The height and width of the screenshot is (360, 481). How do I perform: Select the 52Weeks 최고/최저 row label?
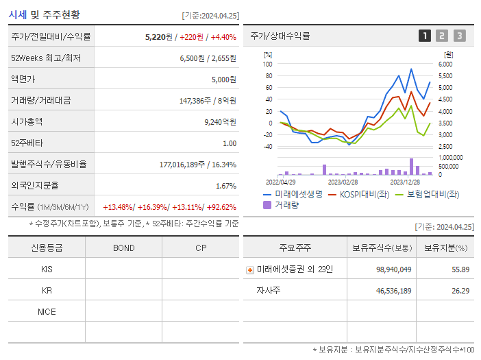(x=46, y=58)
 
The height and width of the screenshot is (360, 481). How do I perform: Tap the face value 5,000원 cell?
(x=223, y=80)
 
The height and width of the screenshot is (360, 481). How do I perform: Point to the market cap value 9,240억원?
(x=220, y=122)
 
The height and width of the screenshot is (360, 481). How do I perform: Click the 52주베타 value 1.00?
(x=230, y=143)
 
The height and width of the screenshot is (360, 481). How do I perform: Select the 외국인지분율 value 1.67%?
(x=225, y=186)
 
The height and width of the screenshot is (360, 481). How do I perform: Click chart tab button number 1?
(x=425, y=36)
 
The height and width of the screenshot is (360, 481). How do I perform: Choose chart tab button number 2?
(x=442, y=36)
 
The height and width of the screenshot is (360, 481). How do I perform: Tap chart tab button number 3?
(x=459, y=36)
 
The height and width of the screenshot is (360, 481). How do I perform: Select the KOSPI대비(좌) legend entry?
(x=358, y=195)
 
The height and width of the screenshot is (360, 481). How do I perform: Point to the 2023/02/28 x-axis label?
(x=343, y=182)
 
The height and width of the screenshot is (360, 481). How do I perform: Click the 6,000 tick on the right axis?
(x=445, y=64)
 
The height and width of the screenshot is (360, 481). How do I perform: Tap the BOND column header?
(x=123, y=248)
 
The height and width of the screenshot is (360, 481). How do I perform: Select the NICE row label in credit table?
(x=47, y=312)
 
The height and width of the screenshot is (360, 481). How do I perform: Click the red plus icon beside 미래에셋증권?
(x=250, y=269)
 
